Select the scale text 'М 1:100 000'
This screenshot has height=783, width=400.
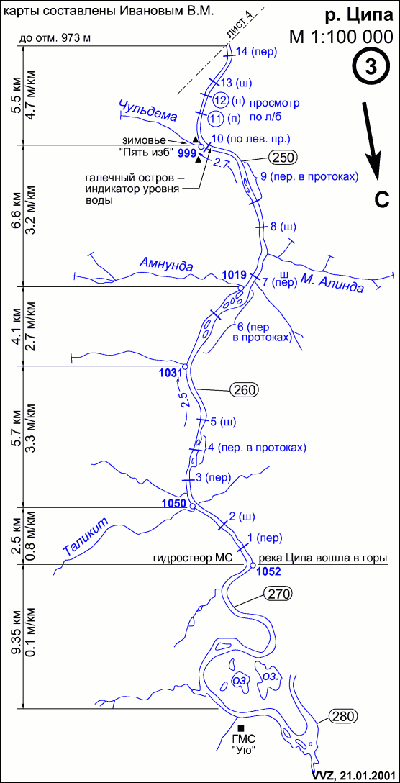[345, 37]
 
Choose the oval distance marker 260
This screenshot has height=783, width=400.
[244, 389]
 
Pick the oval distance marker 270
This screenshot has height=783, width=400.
[276, 594]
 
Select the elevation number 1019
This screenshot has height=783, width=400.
[233, 274]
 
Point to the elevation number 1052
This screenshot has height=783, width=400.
[266, 572]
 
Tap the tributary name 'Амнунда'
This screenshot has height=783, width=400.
[167, 265]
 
